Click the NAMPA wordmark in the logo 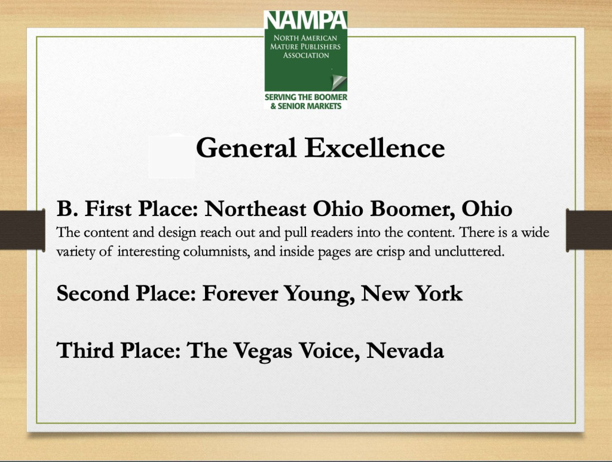click(x=305, y=20)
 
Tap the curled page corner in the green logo click(x=338, y=82)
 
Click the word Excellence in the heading click(x=375, y=148)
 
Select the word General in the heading click(x=246, y=148)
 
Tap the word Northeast click(x=255, y=208)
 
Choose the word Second click(x=93, y=293)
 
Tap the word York click(x=439, y=293)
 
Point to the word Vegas click(x=263, y=351)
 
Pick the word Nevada click(x=405, y=350)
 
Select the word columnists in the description click(x=216, y=251)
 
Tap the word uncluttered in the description click(x=470, y=251)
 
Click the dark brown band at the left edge click(x=22, y=229)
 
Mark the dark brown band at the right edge click(x=589, y=229)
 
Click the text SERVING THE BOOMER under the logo click(x=306, y=97)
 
